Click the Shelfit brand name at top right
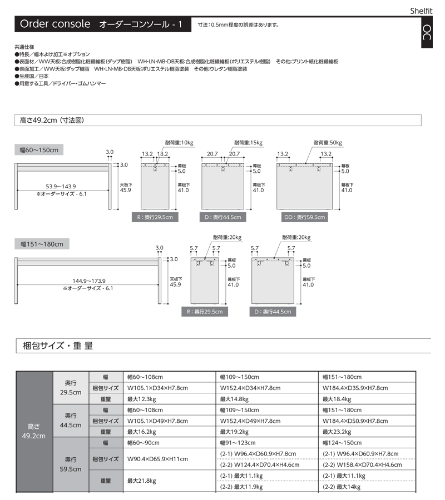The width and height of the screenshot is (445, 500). [x=425, y=10]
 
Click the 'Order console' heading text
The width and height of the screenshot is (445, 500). [x=55, y=24]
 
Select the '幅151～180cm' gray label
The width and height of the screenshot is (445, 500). [x=42, y=243]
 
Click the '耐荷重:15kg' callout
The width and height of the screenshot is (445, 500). [x=248, y=143]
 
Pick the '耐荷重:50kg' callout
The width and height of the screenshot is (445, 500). [x=328, y=143]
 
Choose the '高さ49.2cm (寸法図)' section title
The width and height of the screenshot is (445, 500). [x=52, y=120]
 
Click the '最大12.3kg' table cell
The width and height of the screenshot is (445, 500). [x=141, y=399]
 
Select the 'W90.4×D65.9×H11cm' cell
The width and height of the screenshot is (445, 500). [x=157, y=459]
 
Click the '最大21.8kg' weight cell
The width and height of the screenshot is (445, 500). [x=141, y=481]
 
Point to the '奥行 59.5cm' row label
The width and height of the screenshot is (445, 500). [x=70, y=464]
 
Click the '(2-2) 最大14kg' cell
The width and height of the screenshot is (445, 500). [x=342, y=487]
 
